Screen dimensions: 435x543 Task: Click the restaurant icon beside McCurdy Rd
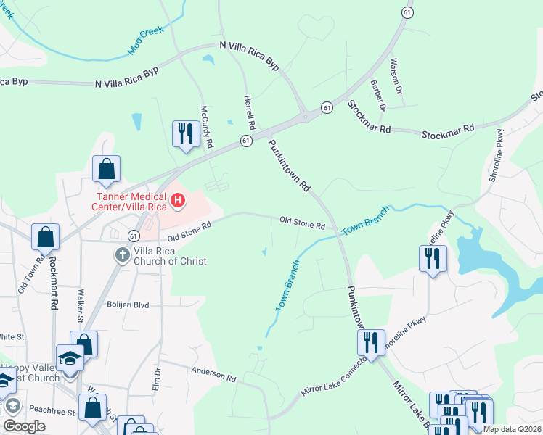186,133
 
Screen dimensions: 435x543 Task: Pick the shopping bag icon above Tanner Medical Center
107,169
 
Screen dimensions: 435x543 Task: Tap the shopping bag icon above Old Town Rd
45,236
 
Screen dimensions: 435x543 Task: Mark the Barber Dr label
377,95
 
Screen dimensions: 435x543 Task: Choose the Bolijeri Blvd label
128,305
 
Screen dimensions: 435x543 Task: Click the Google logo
24,426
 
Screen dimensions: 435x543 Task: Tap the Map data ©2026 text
512,429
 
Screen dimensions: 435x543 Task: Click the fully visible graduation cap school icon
70,360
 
